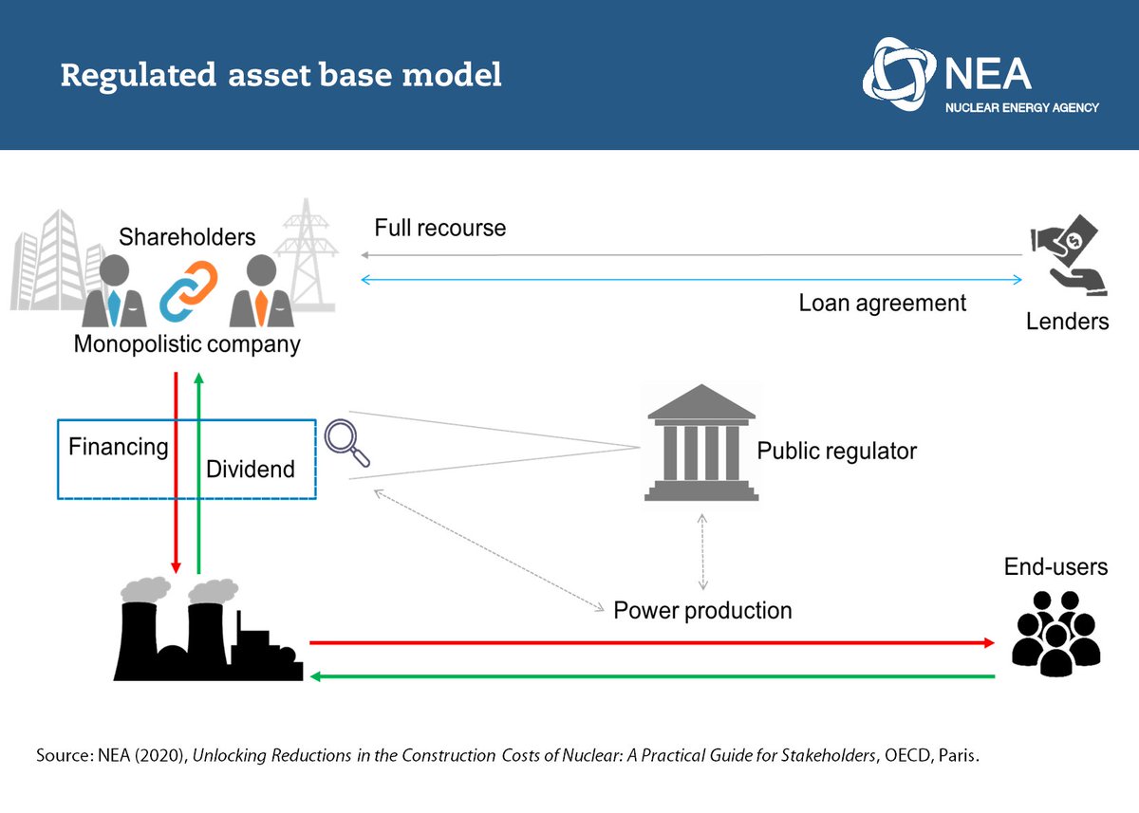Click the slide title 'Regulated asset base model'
[x=281, y=75]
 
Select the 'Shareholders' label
[x=187, y=236]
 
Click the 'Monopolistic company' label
[x=187, y=343]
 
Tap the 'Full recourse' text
[x=439, y=228]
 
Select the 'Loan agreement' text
[x=882, y=303]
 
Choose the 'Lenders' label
[x=1067, y=322]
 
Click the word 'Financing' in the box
[x=118, y=446]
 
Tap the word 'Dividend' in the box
[x=251, y=469]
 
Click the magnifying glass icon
[x=346, y=442]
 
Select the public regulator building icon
[x=701, y=443]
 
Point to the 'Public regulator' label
[x=836, y=451]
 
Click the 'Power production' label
[x=702, y=609]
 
